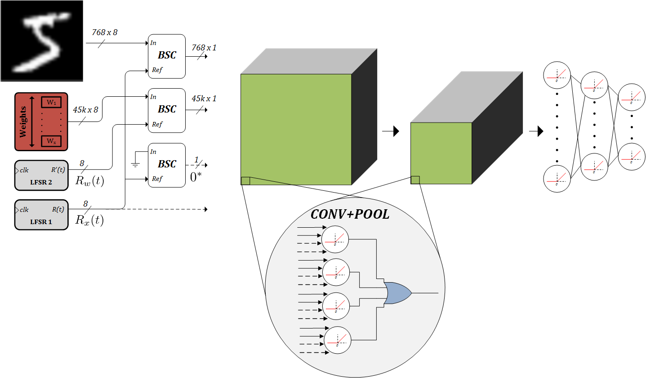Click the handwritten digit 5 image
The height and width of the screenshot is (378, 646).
point(42,41)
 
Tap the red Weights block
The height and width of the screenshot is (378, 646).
point(41,122)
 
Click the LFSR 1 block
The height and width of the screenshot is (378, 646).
point(41,215)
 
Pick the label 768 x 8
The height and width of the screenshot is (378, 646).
point(104,32)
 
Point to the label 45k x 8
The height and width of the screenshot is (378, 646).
point(85,110)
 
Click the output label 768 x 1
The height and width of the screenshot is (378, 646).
point(204,47)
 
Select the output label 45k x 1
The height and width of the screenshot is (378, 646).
point(204,99)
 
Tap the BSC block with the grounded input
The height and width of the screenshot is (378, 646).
point(166,165)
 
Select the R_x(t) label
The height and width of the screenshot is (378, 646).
point(90,220)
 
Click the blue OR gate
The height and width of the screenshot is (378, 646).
point(397,293)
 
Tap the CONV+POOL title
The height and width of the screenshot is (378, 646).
point(350,215)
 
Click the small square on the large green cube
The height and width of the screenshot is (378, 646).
point(245,181)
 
